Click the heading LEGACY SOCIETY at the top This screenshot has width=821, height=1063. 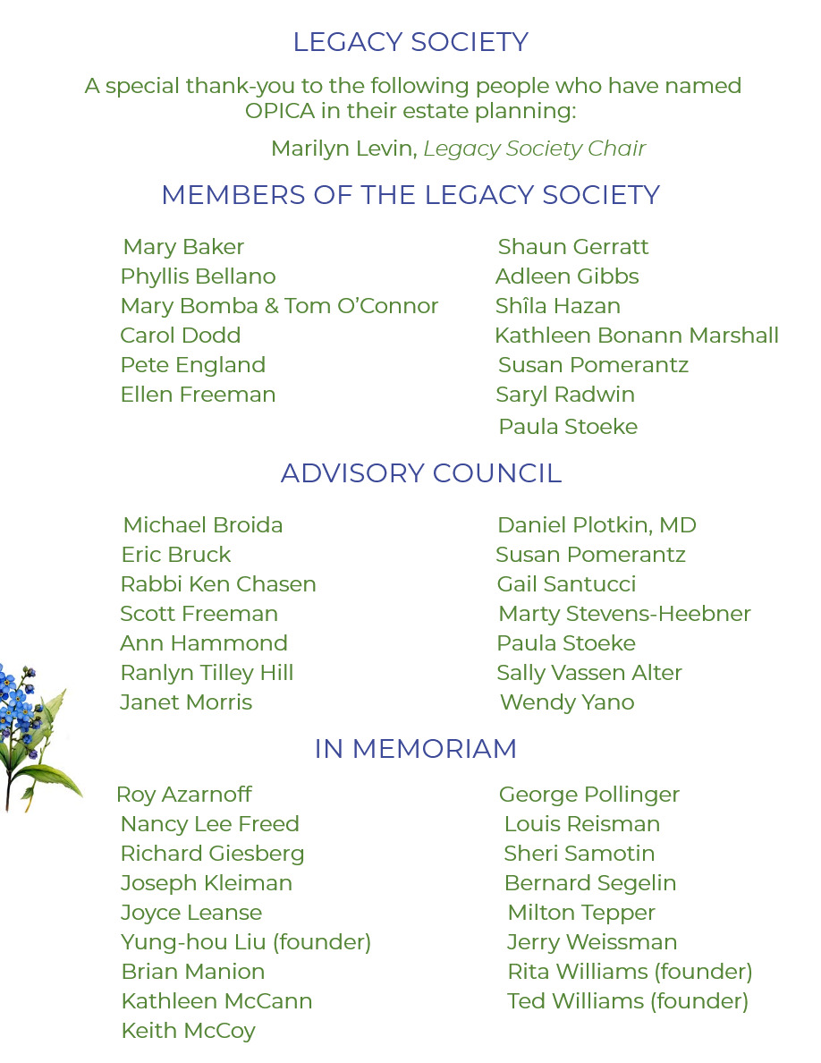tap(410, 42)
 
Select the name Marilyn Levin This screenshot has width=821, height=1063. tap(343, 149)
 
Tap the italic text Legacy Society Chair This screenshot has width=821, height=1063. tap(534, 149)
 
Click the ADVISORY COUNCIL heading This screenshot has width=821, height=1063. tap(421, 473)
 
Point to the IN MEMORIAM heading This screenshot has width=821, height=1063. tap(415, 749)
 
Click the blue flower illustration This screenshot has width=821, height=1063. tap(31, 729)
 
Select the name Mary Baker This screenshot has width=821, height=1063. tap(183, 247)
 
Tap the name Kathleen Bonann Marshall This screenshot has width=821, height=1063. tap(636, 336)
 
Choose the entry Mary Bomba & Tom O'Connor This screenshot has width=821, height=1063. tap(279, 306)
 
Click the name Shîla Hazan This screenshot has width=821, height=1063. tap(557, 306)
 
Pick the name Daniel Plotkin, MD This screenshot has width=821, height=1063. tap(597, 525)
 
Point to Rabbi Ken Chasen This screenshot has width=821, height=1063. tap(218, 584)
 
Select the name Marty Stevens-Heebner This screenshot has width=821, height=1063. tap(624, 614)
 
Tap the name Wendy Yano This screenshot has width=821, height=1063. tap(567, 702)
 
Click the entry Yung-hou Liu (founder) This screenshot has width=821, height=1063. tap(246, 942)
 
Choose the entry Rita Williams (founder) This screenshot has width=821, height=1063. tap(630, 972)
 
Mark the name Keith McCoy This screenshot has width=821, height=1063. tap(188, 1031)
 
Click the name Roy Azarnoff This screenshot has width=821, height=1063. tap(184, 795)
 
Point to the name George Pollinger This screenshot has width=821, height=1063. tap(589, 795)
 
